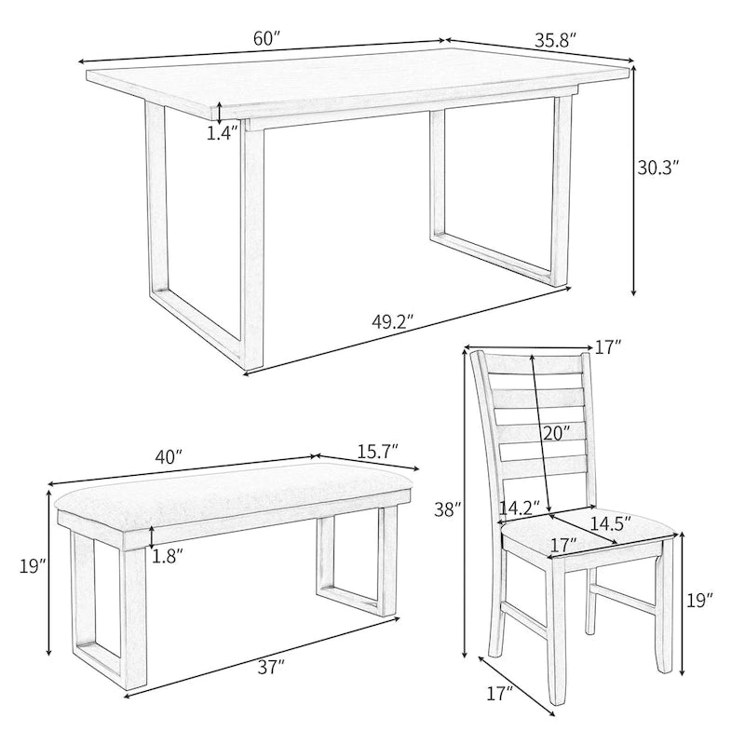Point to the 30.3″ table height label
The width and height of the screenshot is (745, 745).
(657, 169)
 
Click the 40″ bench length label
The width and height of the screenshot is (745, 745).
(168, 458)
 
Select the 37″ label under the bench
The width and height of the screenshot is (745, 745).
(269, 666)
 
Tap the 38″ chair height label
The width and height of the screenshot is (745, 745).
(448, 509)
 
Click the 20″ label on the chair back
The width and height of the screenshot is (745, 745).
(556, 433)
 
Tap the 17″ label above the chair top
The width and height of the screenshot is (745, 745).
(608, 347)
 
